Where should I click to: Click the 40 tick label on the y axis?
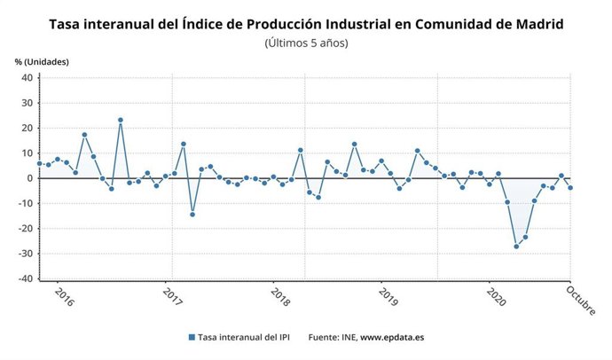coord(27,78)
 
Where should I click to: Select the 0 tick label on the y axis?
coord(29,178)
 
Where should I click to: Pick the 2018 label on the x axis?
coord(280,295)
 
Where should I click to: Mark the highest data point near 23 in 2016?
coord(121,121)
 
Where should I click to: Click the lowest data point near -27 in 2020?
coord(516,246)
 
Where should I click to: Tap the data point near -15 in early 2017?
coord(192,214)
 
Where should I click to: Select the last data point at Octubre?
coord(570,187)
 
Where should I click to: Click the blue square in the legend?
coord(191,337)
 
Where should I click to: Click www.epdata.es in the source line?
coord(393,337)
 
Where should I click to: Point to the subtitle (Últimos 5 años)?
coord(306,43)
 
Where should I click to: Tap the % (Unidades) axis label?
coord(42,61)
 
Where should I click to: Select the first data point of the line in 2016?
coord(40,163)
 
